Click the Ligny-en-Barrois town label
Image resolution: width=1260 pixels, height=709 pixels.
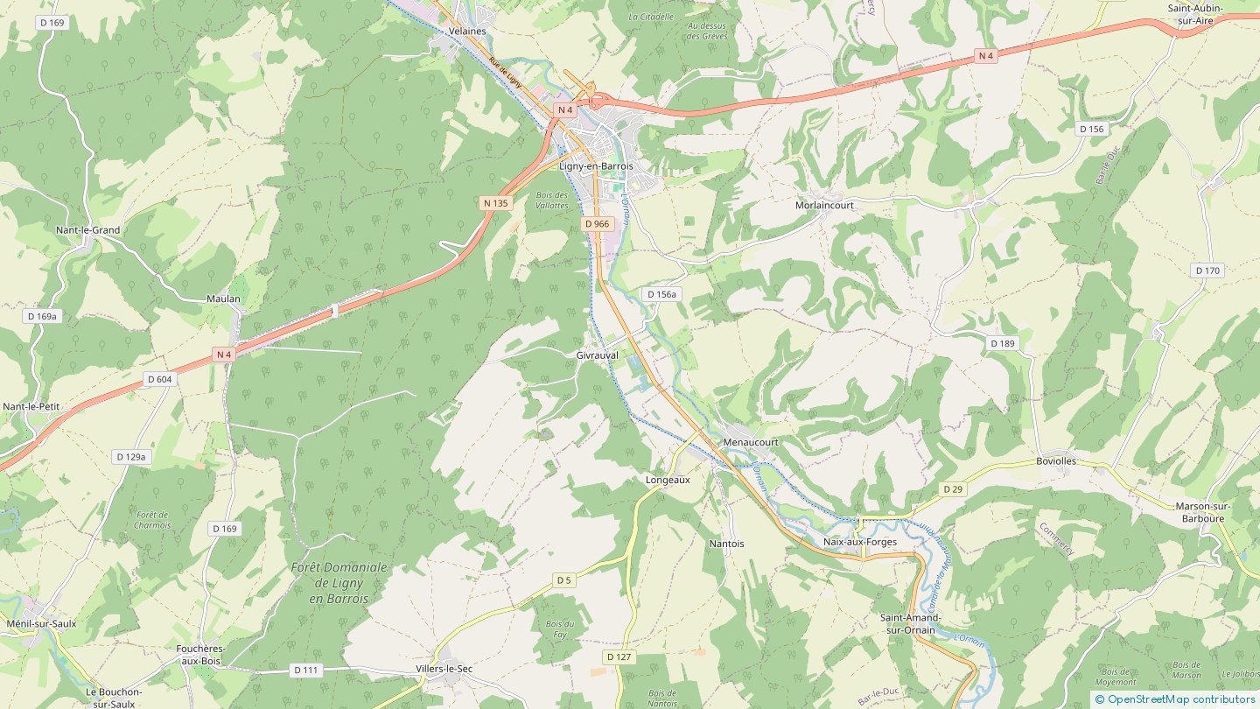(595, 166)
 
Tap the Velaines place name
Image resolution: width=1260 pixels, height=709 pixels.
(466, 31)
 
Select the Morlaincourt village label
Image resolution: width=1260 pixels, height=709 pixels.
(823, 205)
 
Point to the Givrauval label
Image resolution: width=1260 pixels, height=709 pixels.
(597, 355)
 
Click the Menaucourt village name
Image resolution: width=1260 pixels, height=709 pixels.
(750, 442)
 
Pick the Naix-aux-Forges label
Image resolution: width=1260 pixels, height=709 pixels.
(860, 542)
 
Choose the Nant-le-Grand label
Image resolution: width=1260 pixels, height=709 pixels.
(87, 230)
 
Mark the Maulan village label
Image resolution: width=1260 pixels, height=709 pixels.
(223, 298)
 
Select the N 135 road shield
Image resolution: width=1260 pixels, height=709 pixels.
(495, 203)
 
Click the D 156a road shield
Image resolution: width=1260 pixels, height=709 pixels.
(661, 294)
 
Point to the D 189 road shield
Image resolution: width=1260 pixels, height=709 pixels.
(1002, 343)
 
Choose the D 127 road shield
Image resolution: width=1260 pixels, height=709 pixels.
(618, 656)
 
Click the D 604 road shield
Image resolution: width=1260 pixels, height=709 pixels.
(159, 379)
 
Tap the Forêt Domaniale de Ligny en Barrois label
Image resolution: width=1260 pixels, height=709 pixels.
(339, 582)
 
